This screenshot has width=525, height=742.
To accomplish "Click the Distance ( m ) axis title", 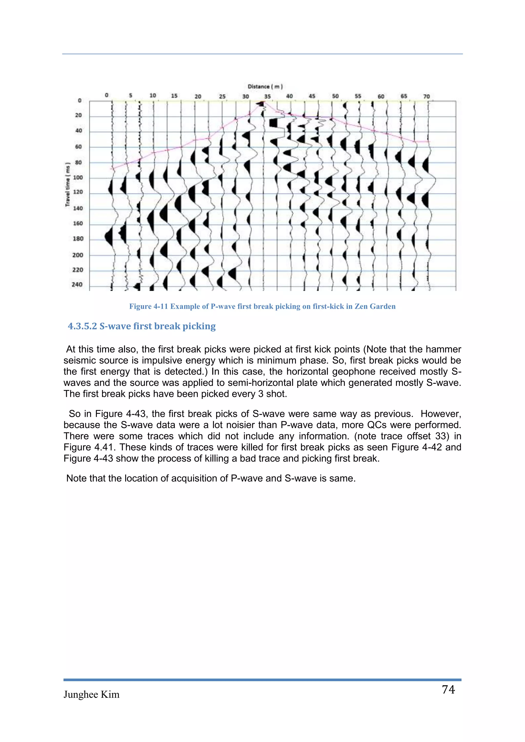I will click(x=265, y=86).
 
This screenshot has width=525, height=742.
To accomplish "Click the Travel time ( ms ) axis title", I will click(x=68, y=184).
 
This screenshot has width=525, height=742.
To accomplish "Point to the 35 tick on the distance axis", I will click(x=267, y=96).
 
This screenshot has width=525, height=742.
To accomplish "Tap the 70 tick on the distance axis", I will click(x=426, y=96).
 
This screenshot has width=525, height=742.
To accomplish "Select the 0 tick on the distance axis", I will click(x=107, y=95).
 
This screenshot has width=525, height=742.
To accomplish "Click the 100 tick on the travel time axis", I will click(x=78, y=177).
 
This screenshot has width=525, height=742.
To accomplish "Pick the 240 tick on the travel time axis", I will click(x=77, y=284).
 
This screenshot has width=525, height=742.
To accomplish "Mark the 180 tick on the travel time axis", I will click(x=78, y=239).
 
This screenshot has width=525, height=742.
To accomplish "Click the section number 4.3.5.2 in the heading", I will click(x=82, y=326).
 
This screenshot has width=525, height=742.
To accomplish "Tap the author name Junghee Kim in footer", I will click(x=92, y=695).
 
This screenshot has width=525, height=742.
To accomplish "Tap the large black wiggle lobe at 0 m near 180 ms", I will click(x=109, y=236).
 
